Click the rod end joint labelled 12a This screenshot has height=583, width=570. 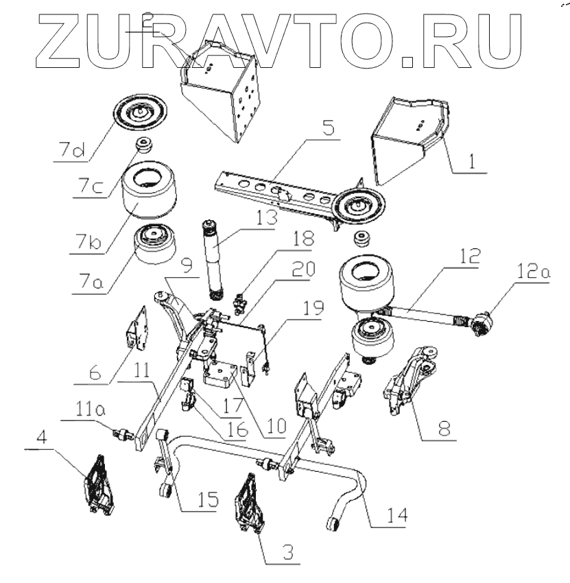(x=484, y=322)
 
